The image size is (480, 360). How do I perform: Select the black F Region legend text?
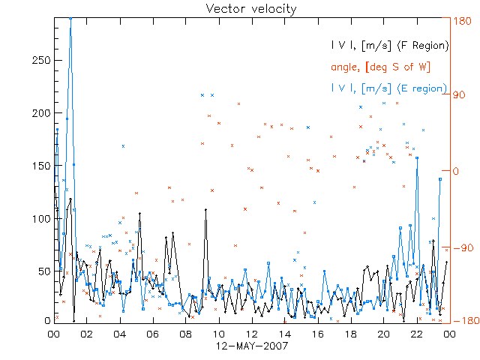(x=390, y=46)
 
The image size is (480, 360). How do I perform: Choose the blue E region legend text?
(x=390, y=88)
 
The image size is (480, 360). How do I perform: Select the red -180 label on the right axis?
(x=464, y=322)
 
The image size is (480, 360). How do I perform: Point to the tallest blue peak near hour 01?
(x=70, y=19)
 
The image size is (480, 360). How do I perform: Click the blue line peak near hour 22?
(x=417, y=157)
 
